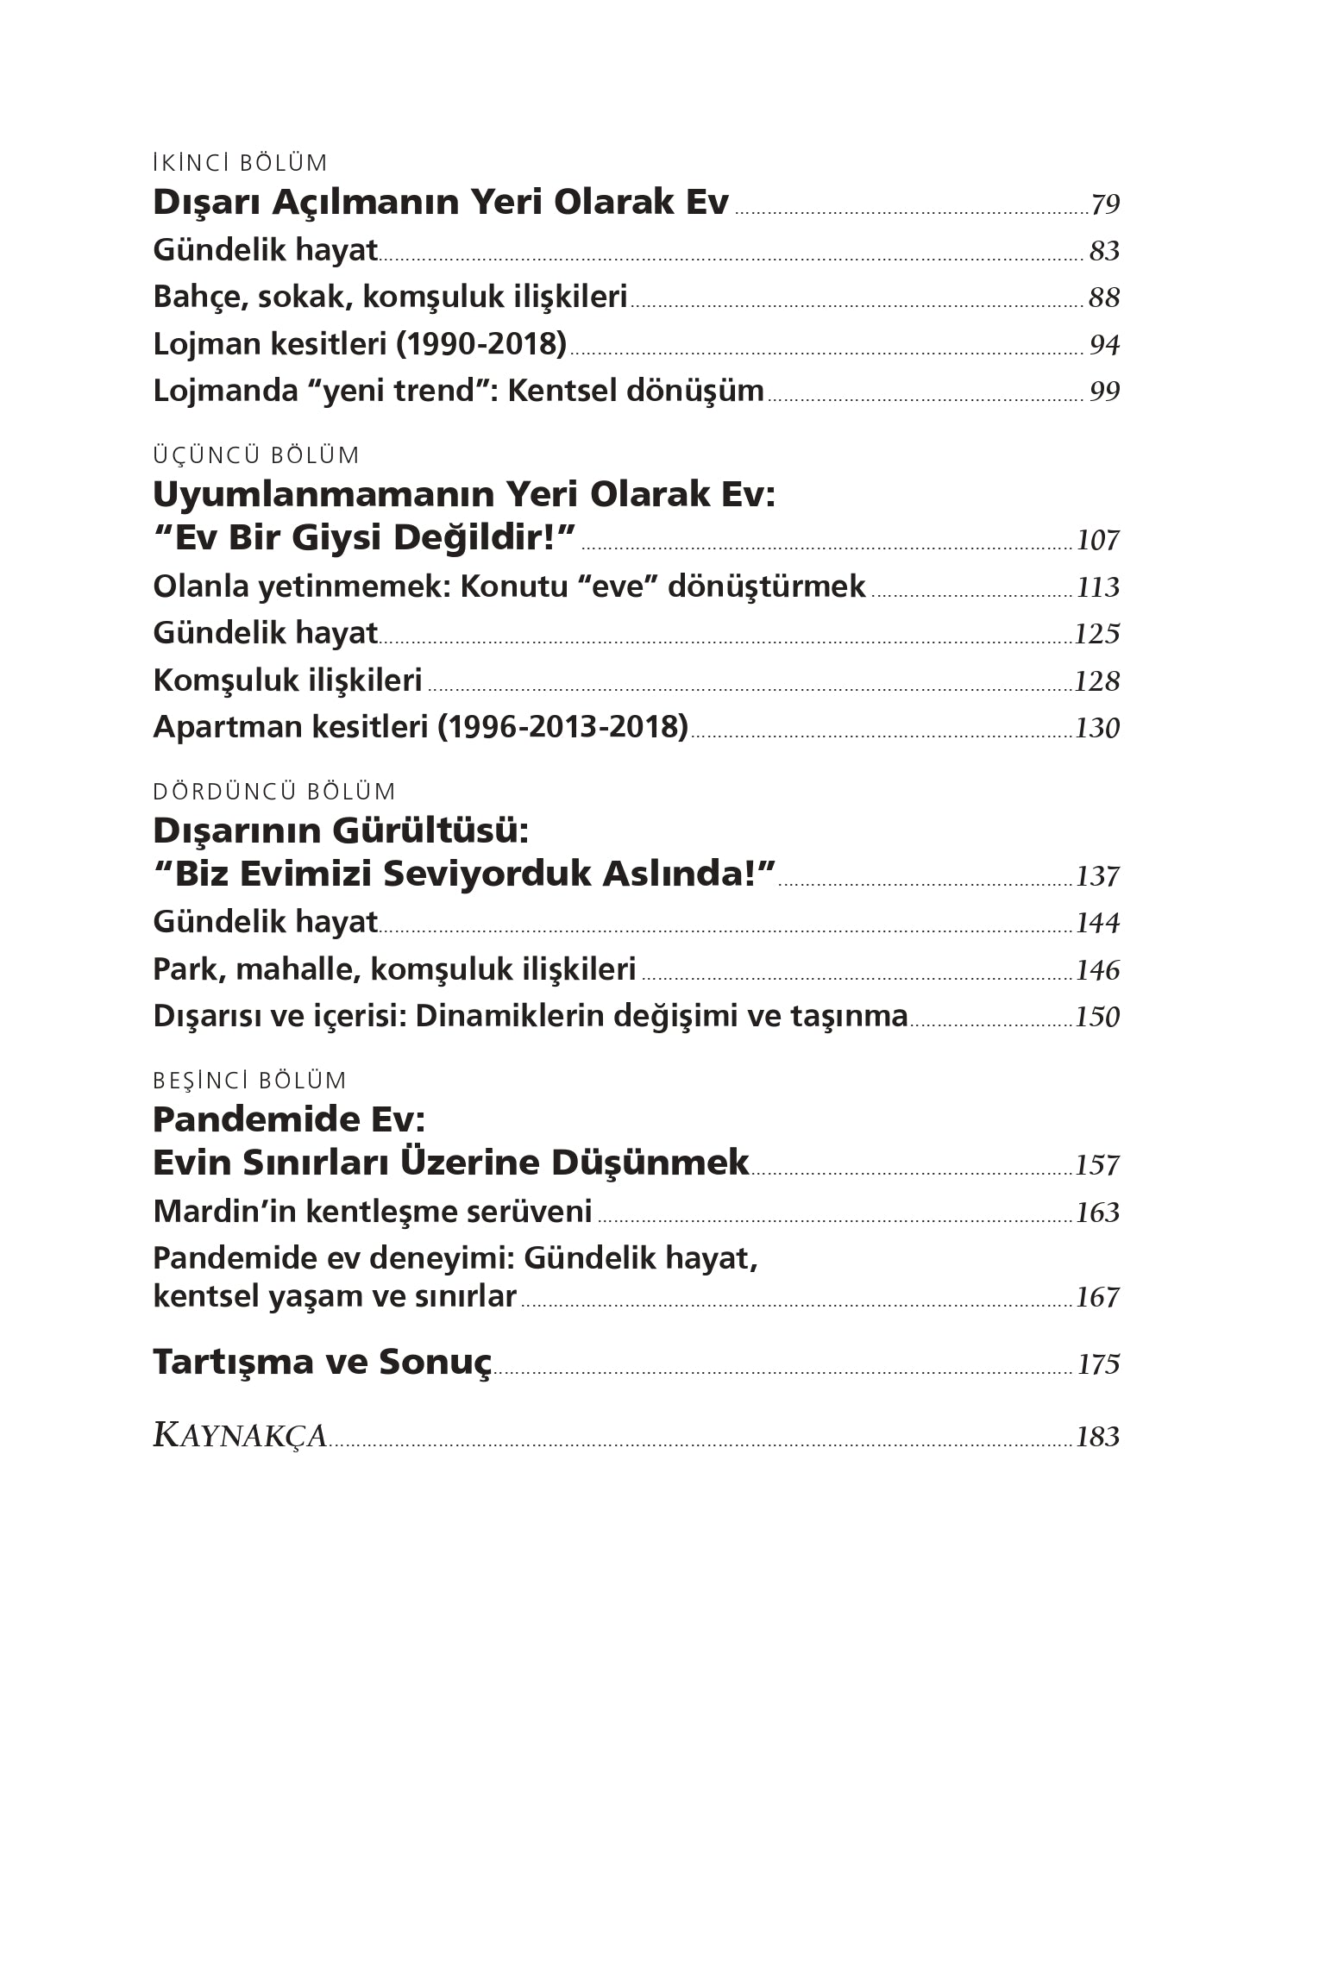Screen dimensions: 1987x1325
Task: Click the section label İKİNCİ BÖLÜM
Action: (240, 163)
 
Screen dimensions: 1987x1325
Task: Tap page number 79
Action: (1104, 204)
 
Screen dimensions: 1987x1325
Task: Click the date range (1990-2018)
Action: (481, 344)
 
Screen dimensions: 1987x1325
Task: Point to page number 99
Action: (1104, 392)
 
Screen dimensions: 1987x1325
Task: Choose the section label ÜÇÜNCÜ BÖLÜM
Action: (255, 455)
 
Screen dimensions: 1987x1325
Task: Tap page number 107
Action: (1097, 541)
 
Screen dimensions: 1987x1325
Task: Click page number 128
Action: (1097, 681)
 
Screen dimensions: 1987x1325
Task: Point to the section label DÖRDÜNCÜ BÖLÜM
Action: (273, 792)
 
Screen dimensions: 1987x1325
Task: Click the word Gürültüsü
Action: (430, 831)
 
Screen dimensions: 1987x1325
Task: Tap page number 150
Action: (1097, 1017)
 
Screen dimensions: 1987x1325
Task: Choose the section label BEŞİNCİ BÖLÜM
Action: (249, 1081)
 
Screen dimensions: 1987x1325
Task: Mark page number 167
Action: (1097, 1297)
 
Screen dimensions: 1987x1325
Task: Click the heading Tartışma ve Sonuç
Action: (322, 1363)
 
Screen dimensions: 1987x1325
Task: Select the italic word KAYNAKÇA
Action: (240, 1436)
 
